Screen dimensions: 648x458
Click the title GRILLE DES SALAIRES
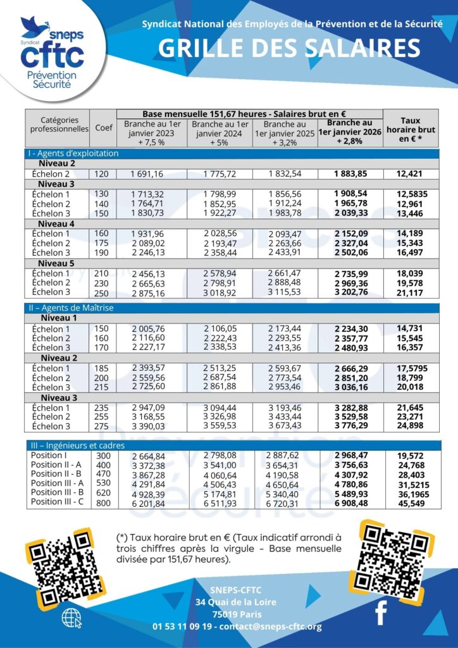(288, 49)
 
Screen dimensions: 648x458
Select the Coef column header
(103, 127)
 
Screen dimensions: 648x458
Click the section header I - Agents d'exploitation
(73, 153)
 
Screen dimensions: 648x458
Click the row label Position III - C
(58, 502)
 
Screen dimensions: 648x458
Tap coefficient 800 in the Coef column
(102, 502)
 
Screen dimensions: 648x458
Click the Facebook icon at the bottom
(381, 613)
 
